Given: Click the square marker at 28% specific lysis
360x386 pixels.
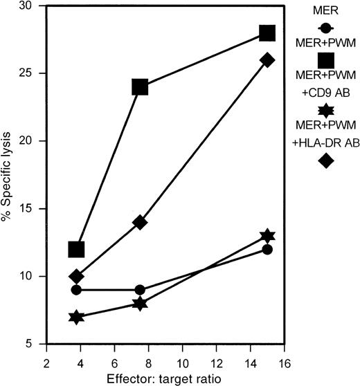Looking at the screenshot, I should (x=267, y=33).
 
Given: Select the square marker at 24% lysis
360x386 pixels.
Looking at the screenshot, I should (x=140, y=87).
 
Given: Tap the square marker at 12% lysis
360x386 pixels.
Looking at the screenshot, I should (x=76, y=249).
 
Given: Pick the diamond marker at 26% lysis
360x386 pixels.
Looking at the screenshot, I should (x=267, y=60).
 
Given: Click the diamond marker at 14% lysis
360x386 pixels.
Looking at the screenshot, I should (x=140, y=222).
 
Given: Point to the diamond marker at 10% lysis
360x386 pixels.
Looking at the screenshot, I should (x=76, y=277).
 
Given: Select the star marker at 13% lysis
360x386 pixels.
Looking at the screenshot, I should (x=267, y=236).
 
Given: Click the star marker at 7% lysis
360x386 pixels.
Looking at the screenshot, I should (x=76, y=317).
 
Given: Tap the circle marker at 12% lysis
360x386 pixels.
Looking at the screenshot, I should (x=267, y=249).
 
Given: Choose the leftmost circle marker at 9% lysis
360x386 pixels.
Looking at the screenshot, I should (x=76, y=290).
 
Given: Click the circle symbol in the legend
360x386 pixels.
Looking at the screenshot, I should (x=325, y=28).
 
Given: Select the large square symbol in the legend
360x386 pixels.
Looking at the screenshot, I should (x=325, y=62).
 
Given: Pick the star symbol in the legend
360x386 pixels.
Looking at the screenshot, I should (x=325, y=110).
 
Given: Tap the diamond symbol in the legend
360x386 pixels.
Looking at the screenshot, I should (x=325, y=160).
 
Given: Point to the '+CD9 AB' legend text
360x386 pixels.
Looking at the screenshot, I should (x=325, y=92).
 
